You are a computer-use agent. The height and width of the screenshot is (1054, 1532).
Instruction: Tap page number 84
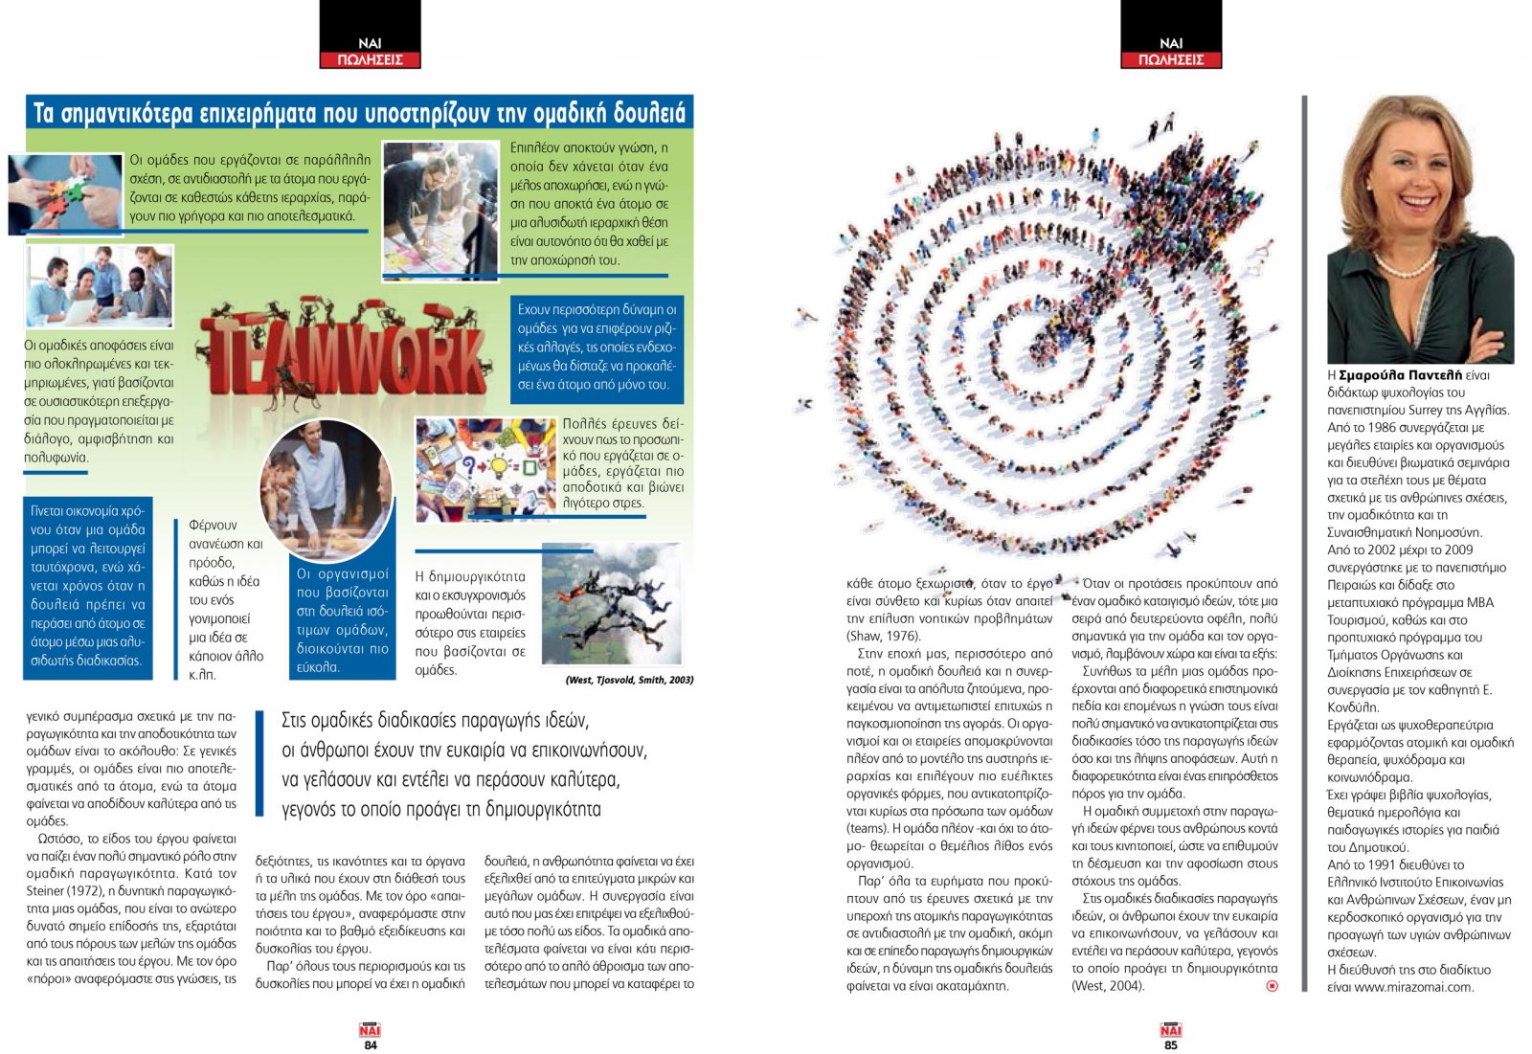coord(371,1045)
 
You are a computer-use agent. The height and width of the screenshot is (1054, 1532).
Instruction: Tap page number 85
coord(1171,1045)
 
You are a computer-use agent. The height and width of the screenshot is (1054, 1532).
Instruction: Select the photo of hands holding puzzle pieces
coord(65,192)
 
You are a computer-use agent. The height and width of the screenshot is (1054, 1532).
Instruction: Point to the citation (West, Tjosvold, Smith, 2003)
coord(629,680)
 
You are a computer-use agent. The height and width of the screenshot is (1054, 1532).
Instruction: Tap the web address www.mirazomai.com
coord(1413,987)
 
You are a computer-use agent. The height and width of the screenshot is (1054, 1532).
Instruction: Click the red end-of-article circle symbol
coord(1272,986)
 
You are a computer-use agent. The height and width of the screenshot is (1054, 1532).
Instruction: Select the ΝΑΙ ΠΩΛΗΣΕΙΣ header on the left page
coord(370,51)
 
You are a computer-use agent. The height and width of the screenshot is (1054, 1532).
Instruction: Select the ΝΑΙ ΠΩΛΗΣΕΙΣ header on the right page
coord(1171,51)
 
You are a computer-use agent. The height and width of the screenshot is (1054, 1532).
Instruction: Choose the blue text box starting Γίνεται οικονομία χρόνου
coord(87,586)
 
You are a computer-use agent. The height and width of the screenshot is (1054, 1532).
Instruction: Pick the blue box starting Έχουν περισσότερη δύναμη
coord(597,348)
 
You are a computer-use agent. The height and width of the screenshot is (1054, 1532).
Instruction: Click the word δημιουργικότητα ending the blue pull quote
coord(543,810)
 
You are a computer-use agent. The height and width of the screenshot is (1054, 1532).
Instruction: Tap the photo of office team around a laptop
coord(100,286)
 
